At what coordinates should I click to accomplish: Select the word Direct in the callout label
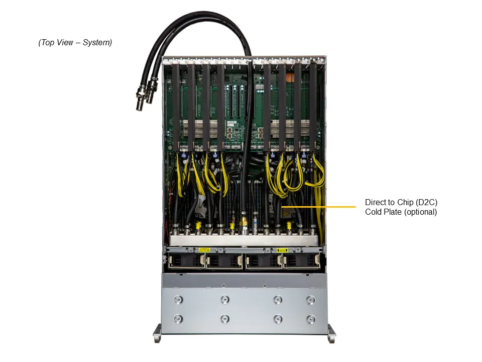[376, 203]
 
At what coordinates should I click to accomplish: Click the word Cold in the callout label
[374, 212]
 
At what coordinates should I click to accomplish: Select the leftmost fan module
[185, 261]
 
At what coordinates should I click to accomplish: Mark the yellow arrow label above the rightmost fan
[282, 250]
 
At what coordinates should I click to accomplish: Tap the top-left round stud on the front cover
[177, 300]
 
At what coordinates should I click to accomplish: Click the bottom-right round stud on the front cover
[311, 319]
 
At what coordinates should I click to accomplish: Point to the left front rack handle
[157, 332]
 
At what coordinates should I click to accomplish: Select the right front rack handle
[331, 332]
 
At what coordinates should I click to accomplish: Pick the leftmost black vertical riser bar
[176, 106]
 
